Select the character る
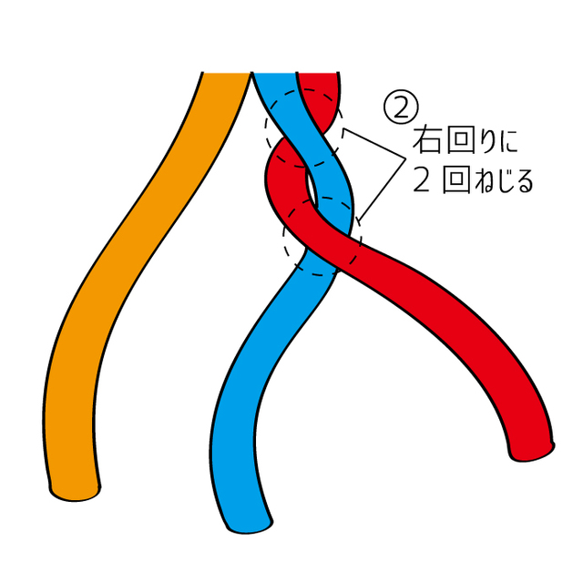[525, 180]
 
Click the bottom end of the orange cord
[75, 494]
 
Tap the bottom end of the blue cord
[250, 526]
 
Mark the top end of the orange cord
[226, 73]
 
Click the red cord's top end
[318, 73]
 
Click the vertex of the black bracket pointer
[405, 158]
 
